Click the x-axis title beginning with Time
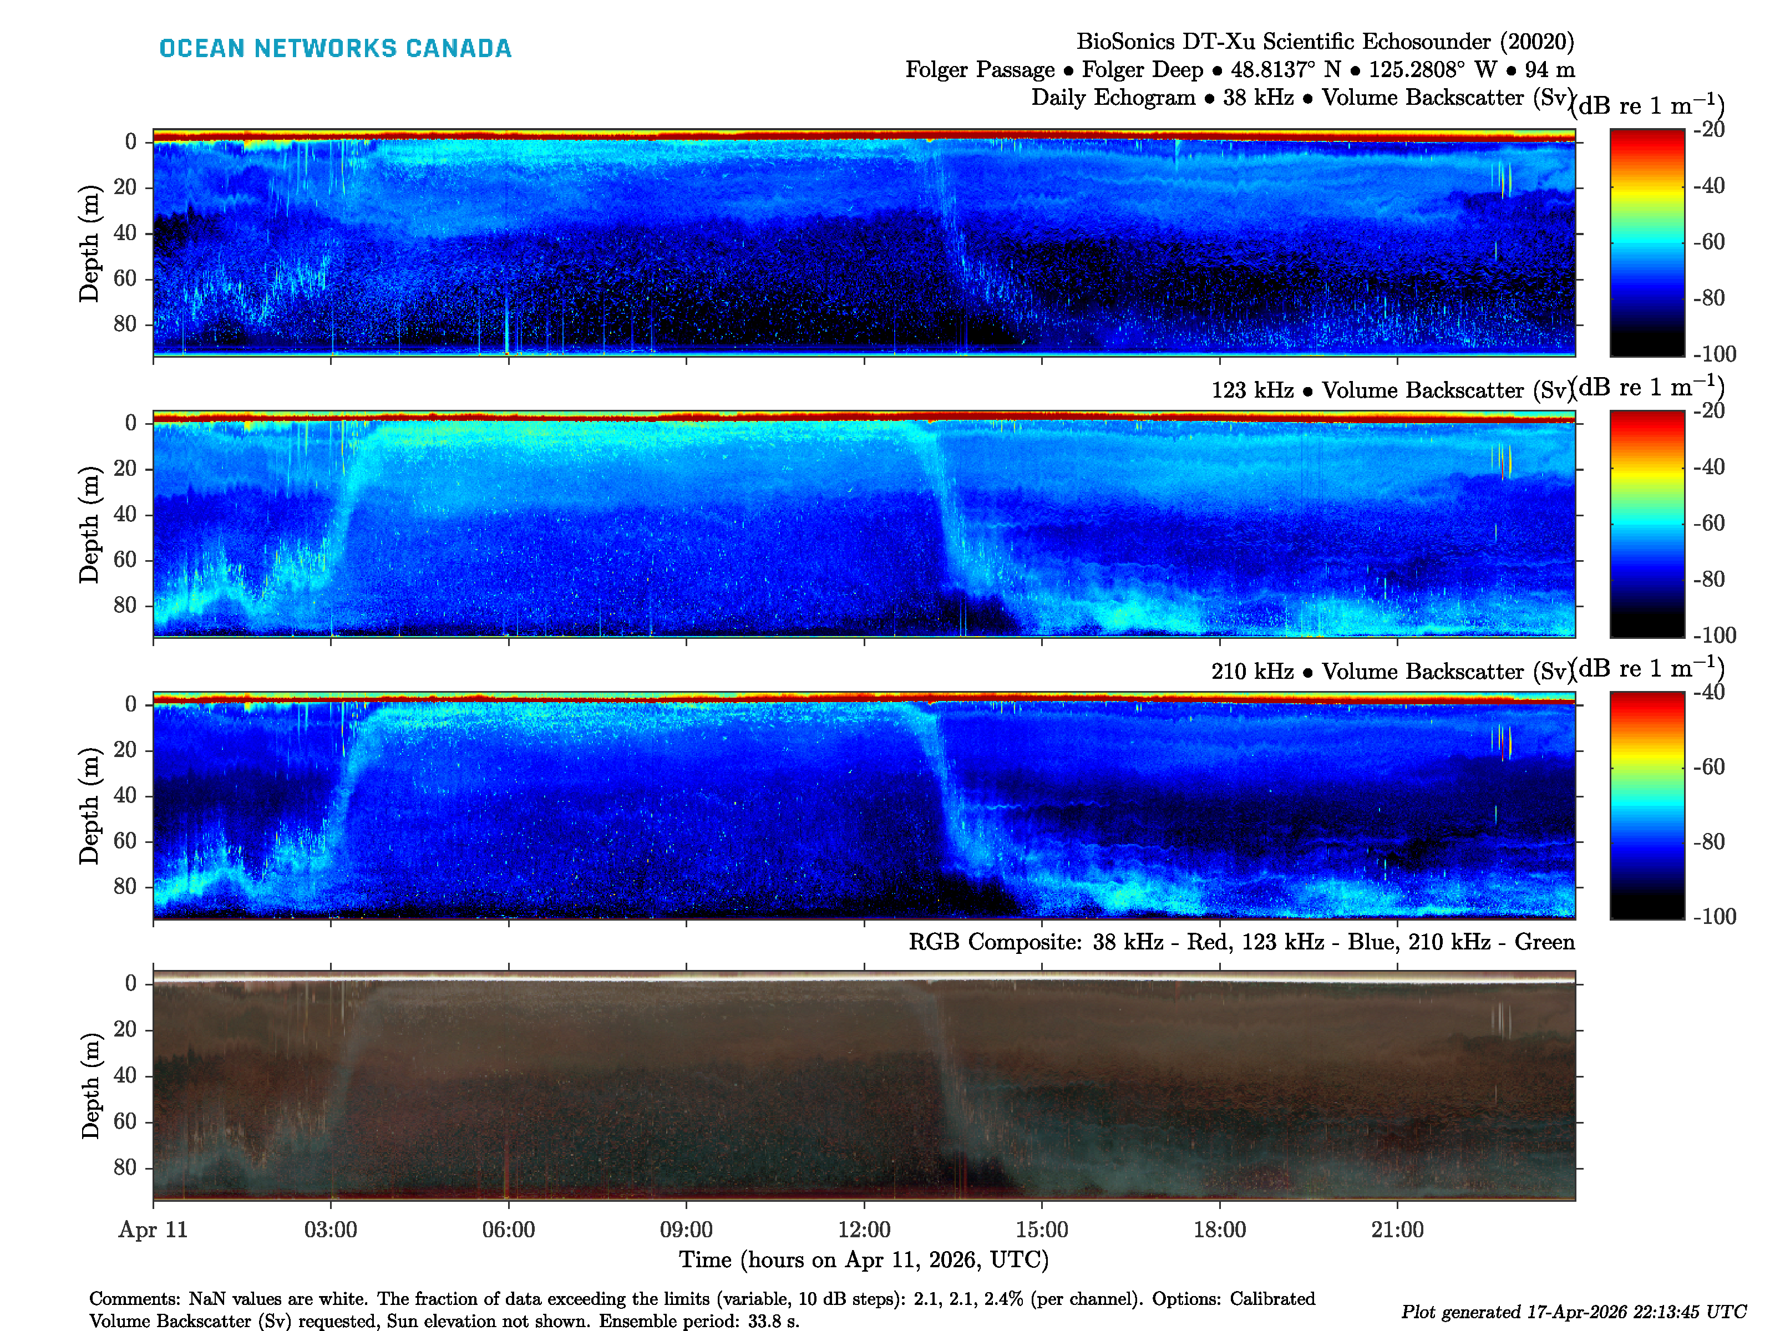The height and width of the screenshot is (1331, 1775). [864, 1259]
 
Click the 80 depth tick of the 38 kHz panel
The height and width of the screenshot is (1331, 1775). [125, 324]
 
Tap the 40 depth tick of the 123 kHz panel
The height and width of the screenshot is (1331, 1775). [125, 514]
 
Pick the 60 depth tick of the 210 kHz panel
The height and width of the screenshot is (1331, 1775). [125, 841]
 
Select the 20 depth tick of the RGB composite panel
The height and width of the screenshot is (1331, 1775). [125, 1029]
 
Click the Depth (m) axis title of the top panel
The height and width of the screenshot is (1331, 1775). [89, 243]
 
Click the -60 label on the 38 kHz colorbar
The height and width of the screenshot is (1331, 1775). [1708, 241]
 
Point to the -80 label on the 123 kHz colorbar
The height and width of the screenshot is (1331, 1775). [1708, 579]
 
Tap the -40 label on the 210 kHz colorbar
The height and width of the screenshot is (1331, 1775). [1708, 692]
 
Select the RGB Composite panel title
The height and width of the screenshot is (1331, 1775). [1241, 942]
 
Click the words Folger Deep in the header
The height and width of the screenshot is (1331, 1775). [1142, 70]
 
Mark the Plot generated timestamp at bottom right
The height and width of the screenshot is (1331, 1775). [1573, 1312]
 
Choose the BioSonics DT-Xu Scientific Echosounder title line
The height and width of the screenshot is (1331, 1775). [1325, 42]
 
